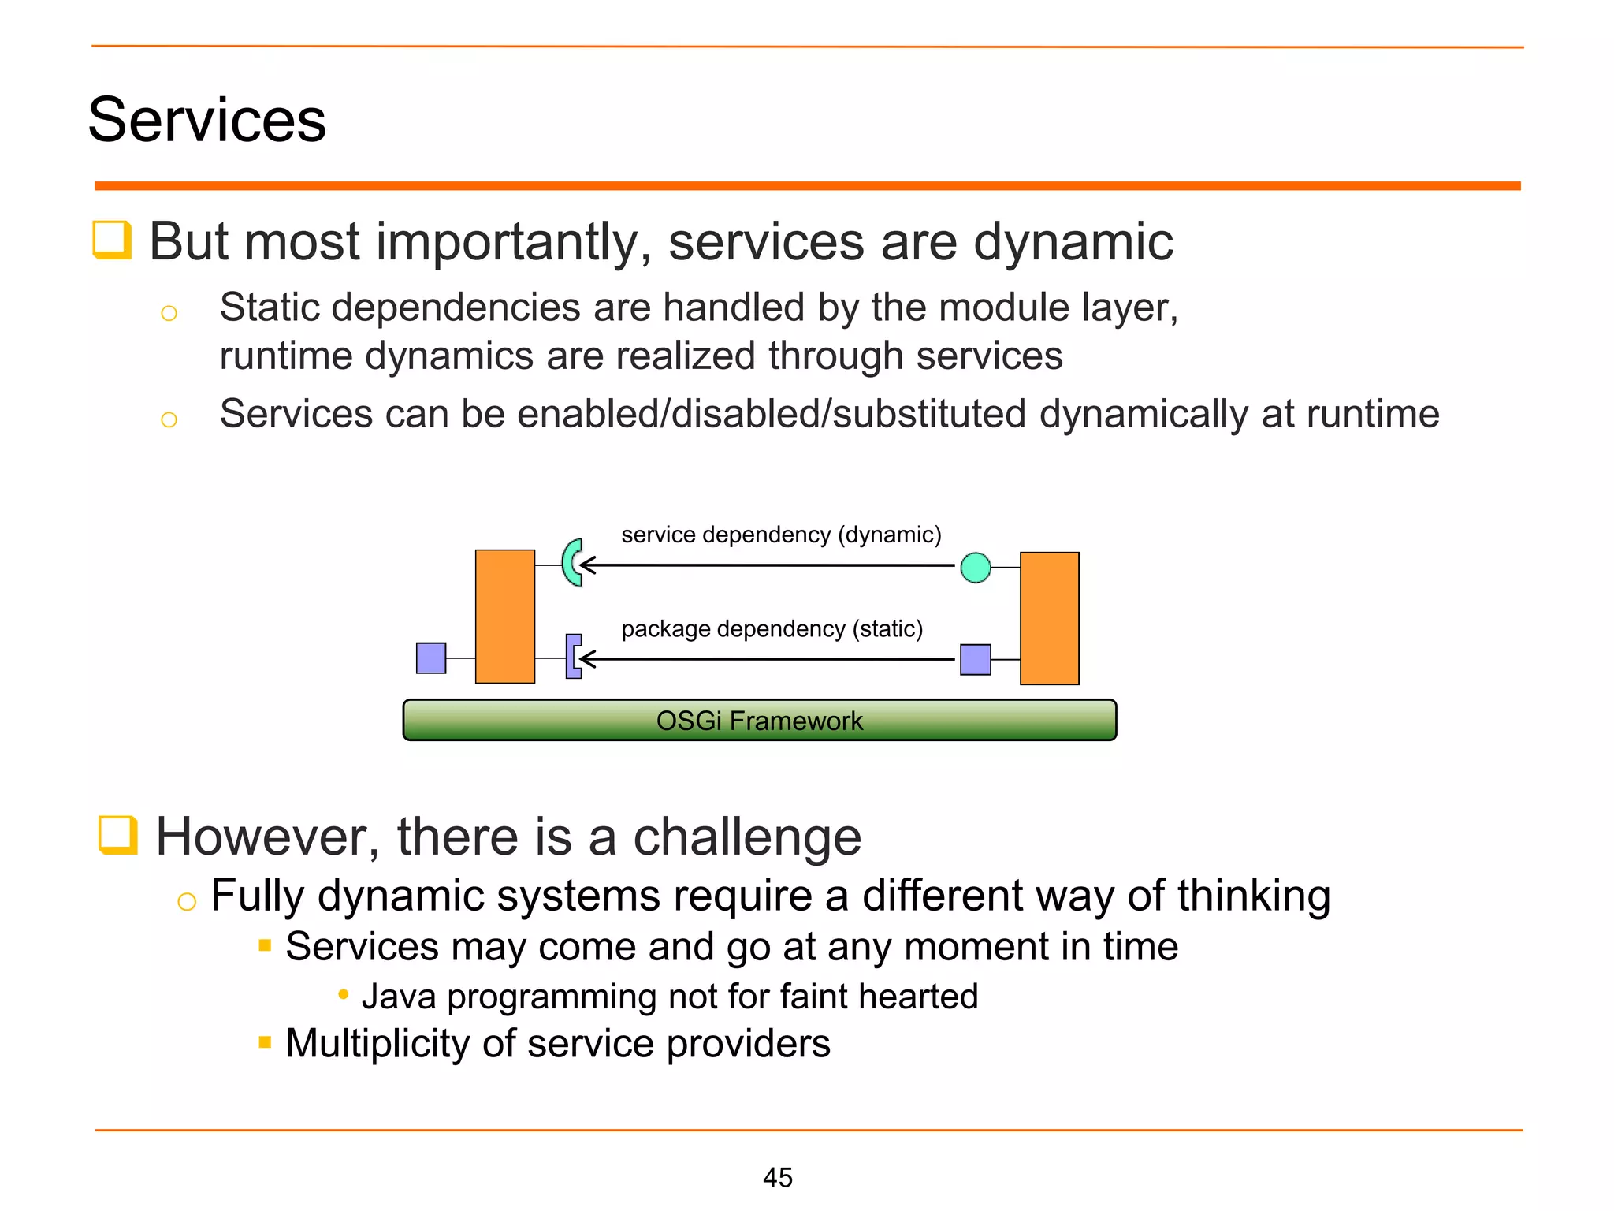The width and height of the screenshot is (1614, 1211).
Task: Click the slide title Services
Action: [206, 120]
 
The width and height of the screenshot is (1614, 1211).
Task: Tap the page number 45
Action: [777, 1177]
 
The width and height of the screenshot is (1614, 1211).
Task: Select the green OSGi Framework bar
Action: [759, 720]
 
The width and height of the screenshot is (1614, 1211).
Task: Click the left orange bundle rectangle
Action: [505, 617]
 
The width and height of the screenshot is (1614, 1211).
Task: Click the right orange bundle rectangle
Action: [1049, 618]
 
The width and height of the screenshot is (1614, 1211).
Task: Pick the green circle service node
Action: [976, 568]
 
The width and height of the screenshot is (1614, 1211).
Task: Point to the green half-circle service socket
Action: [571, 562]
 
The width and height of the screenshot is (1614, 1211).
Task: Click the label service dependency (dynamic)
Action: [781, 535]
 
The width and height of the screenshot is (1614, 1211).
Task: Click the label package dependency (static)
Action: [772, 628]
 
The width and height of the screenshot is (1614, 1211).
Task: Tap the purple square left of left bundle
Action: [431, 658]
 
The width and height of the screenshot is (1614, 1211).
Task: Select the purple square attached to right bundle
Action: [975, 659]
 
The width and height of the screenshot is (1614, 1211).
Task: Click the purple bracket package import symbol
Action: [573, 656]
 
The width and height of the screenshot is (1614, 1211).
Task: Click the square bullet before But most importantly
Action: [112, 239]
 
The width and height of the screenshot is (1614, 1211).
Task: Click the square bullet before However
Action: [117, 835]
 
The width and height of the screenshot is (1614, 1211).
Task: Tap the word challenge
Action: [747, 837]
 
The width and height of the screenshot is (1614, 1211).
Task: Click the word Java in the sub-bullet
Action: [399, 997]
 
